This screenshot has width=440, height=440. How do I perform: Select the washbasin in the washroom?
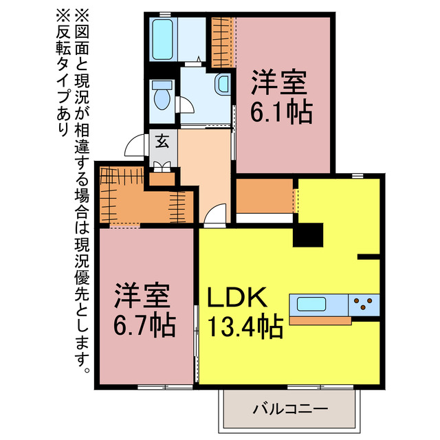(x=223, y=85)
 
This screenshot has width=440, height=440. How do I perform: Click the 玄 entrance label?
(x=163, y=142)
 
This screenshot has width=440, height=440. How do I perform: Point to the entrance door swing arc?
(x=135, y=146)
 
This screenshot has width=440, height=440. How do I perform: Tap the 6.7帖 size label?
(x=144, y=322)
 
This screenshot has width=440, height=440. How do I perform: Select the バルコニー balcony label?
(x=289, y=409)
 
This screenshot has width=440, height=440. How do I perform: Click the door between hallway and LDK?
(x=216, y=215)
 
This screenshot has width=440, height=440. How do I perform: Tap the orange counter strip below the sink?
(x=319, y=320)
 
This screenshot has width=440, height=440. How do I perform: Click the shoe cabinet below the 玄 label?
(x=163, y=166)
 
